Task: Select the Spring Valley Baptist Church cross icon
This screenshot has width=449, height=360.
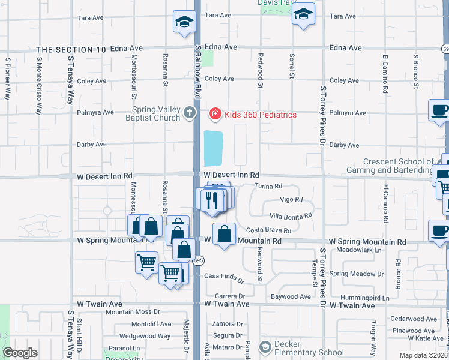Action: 190,112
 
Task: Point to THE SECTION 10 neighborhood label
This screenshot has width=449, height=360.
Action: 71,49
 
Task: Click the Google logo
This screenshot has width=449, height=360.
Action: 20,353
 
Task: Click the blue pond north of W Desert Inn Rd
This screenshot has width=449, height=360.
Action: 213,149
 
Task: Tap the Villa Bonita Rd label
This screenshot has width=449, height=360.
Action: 291,215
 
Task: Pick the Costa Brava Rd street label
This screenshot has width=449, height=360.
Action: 268,230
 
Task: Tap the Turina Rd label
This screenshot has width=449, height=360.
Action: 268,187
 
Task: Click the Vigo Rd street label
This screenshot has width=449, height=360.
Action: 291,200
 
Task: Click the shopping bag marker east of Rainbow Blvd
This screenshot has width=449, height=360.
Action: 224,236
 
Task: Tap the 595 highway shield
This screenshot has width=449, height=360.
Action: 198,260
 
